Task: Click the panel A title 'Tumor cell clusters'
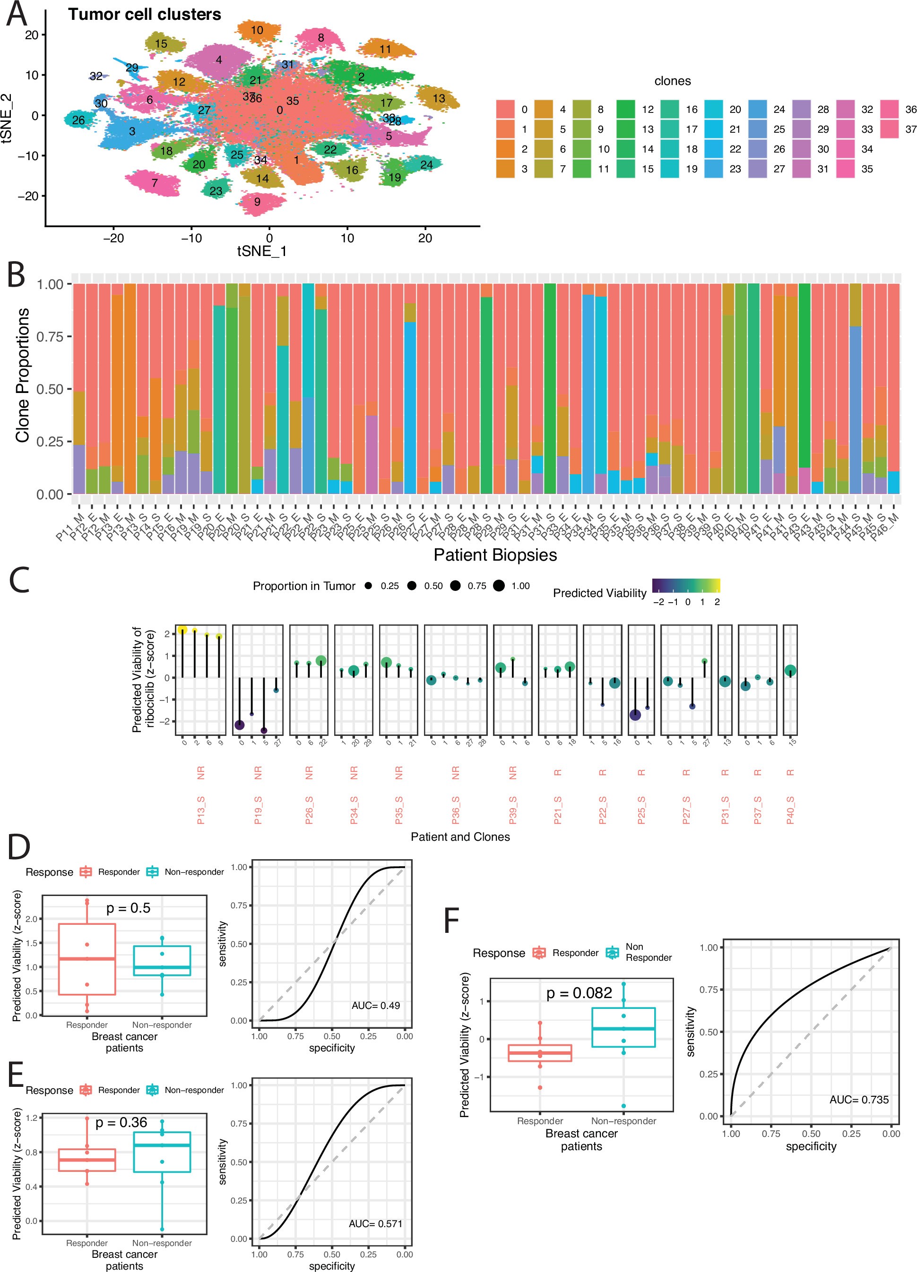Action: coord(144,14)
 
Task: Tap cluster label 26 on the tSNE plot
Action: coord(78,120)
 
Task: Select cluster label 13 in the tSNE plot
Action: coord(439,98)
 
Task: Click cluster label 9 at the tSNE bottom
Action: coord(257,202)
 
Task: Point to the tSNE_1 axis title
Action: coord(261,251)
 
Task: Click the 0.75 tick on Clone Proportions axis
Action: coord(50,336)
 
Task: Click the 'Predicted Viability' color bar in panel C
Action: coord(686,586)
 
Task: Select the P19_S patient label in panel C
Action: coord(258,810)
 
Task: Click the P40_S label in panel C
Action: coord(790,810)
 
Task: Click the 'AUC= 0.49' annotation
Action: coord(375,1006)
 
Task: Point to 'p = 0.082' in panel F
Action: coord(579,993)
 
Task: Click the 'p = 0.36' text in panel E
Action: coord(121,1122)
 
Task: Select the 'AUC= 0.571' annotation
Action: coord(375,1223)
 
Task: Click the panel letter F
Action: coord(451,921)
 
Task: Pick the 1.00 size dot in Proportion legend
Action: coord(498,586)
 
